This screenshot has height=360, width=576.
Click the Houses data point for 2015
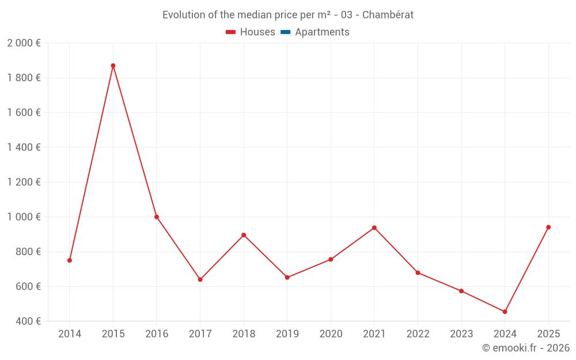point(113,66)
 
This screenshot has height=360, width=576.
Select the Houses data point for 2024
point(505,312)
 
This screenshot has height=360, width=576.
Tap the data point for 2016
point(157,217)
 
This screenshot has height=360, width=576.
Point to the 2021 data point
point(374,228)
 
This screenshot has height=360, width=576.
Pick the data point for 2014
point(70,260)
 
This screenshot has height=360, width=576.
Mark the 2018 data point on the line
point(244,235)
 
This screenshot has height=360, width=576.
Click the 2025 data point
point(548,227)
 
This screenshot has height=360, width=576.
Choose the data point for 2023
point(461,291)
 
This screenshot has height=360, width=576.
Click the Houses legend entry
point(251,32)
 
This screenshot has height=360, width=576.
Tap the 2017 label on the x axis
point(200,334)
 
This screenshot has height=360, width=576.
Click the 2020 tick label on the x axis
point(331,334)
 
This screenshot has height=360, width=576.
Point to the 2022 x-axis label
point(418,334)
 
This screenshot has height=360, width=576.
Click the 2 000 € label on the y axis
point(24,43)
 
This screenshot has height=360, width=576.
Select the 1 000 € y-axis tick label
point(24,217)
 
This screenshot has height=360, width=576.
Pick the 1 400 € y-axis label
point(24,147)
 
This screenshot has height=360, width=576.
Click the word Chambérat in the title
point(388,15)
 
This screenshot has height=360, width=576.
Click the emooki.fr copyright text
point(526,348)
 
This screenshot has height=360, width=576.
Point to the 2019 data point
point(287,278)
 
